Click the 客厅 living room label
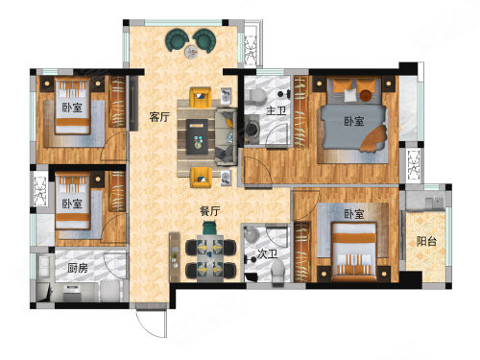[x=159, y=117]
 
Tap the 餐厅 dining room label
[x=210, y=211]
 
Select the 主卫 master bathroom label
[x=276, y=110]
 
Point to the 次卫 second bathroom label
[x=268, y=254]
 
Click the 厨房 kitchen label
[x=78, y=268]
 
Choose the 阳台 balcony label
[x=426, y=241]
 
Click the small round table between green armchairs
[x=191, y=52]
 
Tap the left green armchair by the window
[x=177, y=40]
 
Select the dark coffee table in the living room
[x=197, y=136]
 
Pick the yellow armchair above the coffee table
[x=201, y=97]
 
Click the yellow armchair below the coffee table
[x=201, y=178]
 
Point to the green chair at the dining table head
[x=210, y=228]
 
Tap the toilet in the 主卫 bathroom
[x=257, y=96]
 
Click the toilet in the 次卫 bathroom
[x=277, y=271]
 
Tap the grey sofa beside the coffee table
[x=227, y=136]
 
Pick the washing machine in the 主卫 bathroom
[x=252, y=129]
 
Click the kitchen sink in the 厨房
[x=43, y=267]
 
